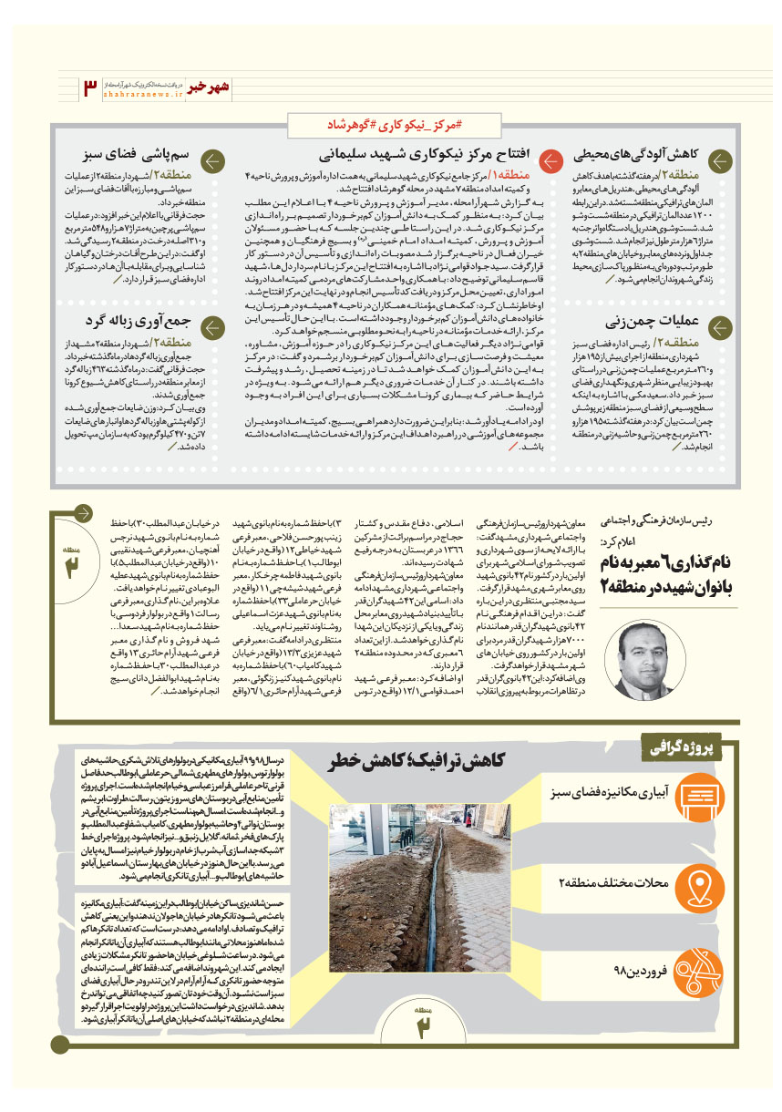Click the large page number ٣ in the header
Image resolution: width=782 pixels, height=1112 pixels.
point(89,88)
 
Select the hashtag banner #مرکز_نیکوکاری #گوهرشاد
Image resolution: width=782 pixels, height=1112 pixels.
point(390,123)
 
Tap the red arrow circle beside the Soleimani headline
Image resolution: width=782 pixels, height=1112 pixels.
point(550,161)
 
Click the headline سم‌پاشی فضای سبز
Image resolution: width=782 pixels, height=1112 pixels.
point(137,157)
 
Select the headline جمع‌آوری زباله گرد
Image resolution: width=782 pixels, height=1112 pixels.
point(137,323)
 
